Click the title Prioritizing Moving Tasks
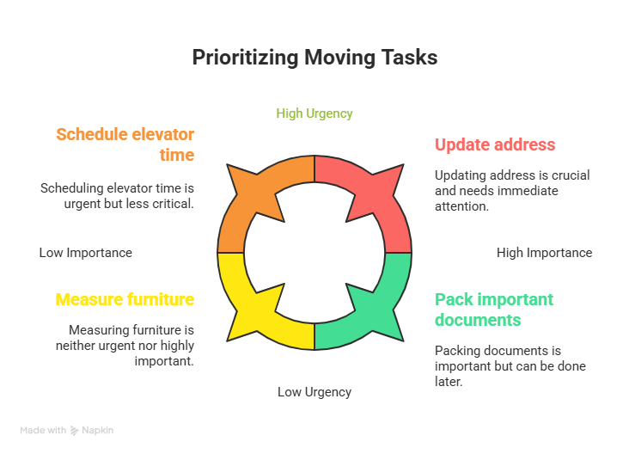(x=314, y=58)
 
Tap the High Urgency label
(x=314, y=113)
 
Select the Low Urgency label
(x=314, y=392)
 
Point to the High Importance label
(x=544, y=253)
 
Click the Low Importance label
(x=86, y=253)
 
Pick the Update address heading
(x=495, y=144)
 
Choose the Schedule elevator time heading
(x=125, y=144)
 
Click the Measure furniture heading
(x=125, y=299)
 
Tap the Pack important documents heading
(x=494, y=310)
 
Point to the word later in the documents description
(x=449, y=381)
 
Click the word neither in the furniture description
(x=79, y=346)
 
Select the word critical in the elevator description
(x=168, y=204)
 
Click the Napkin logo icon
(x=75, y=430)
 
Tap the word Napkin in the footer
(x=98, y=430)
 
